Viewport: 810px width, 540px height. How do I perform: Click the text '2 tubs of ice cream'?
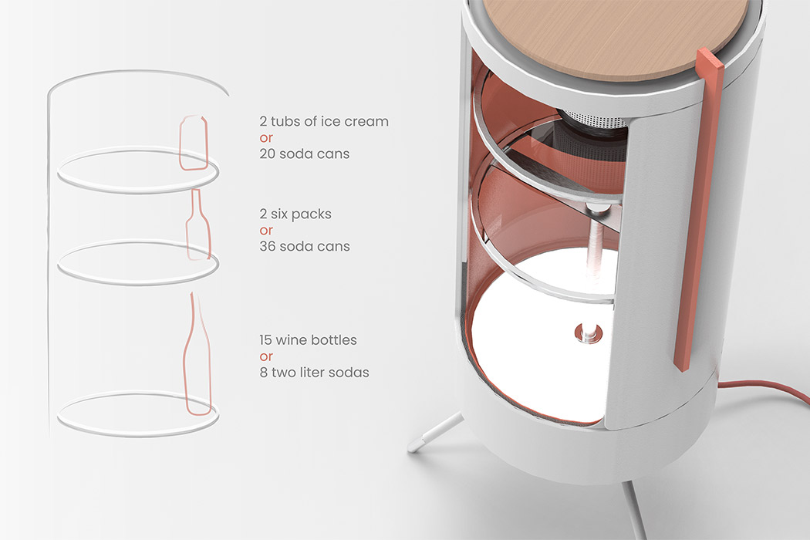click(x=324, y=121)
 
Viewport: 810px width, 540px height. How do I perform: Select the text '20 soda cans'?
click(x=305, y=154)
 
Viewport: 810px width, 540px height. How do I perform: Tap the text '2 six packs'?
click(x=295, y=214)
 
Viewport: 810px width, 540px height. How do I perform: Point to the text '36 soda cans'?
click(x=305, y=247)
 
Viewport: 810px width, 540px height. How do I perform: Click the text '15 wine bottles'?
click(x=309, y=340)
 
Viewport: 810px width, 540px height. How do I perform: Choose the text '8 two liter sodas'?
click(x=315, y=373)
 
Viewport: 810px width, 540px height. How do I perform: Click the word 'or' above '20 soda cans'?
click(x=266, y=139)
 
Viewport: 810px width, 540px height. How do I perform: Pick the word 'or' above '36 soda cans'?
click(x=266, y=231)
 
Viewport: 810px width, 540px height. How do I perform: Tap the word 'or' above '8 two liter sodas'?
click(x=266, y=357)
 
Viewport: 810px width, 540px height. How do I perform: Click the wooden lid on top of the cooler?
click(x=618, y=36)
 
